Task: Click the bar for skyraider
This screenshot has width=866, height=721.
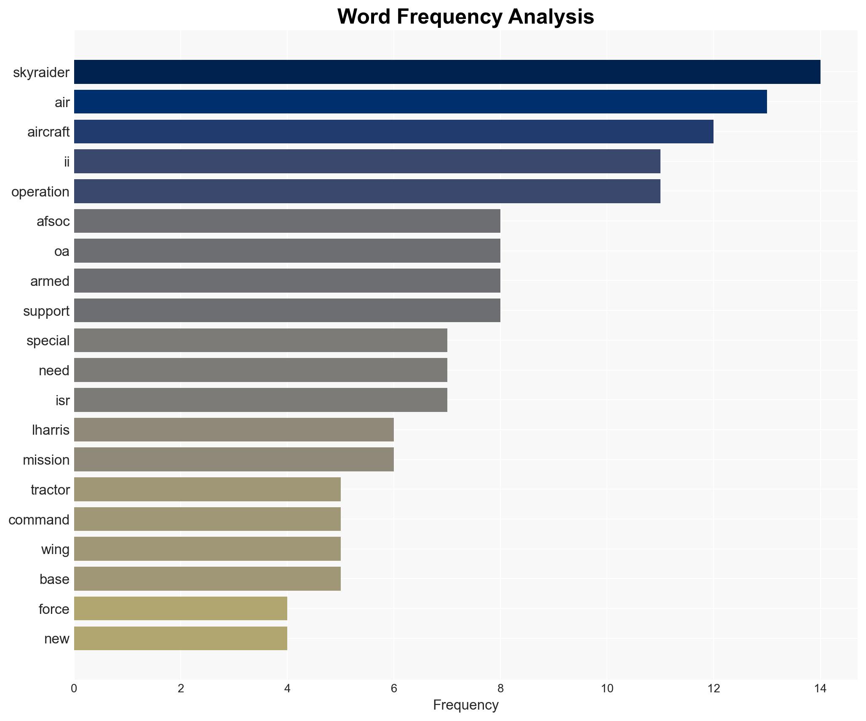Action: pyautogui.click(x=447, y=72)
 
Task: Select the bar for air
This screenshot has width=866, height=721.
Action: pyautogui.click(x=420, y=102)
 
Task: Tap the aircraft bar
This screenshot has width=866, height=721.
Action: pyautogui.click(x=394, y=132)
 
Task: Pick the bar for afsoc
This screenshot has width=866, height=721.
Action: pyautogui.click(x=287, y=221)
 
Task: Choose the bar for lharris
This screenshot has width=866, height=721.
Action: pyautogui.click(x=234, y=430)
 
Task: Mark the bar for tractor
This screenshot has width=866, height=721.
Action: pyautogui.click(x=207, y=490)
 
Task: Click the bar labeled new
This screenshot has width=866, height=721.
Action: pyautogui.click(x=181, y=638)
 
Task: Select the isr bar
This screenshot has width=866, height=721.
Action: pyautogui.click(x=261, y=400)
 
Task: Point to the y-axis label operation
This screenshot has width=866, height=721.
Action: pyautogui.click(x=40, y=192)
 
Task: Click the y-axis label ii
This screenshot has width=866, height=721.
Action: pyautogui.click(x=67, y=162)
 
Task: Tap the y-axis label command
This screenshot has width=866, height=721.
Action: pyautogui.click(x=39, y=520)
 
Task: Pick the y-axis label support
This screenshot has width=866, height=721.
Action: pyautogui.click(x=46, y=311)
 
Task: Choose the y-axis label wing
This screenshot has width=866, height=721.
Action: pyautogui.click(x=55, y=549)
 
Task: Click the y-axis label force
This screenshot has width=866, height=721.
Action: pyautogui.click(x=54, y=609)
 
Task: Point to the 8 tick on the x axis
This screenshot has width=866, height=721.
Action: pyautogui.click(x=500, y=689)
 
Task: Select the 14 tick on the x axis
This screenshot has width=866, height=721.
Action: pyautogui.click(x=820, y=689)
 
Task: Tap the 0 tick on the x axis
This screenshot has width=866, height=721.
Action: pyautogui.click(x=74, y=689)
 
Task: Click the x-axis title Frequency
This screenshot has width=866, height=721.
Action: pyautogui.click(x=465, y=705)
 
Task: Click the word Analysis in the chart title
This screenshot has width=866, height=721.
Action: pyautogui.click(x=551, y=17)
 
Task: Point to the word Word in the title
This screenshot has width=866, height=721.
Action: pyautogui.click(x=364, y=17)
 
